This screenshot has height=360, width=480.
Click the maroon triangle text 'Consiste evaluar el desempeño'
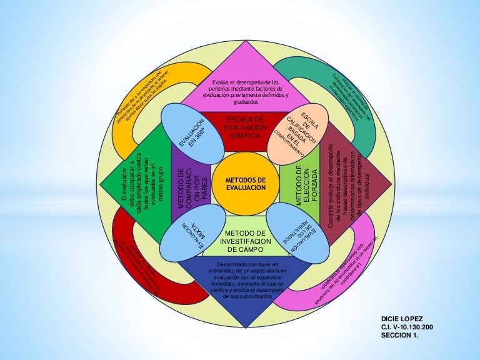(x=350, y=181)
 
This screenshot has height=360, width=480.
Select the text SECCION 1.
(x=402, y=335)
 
